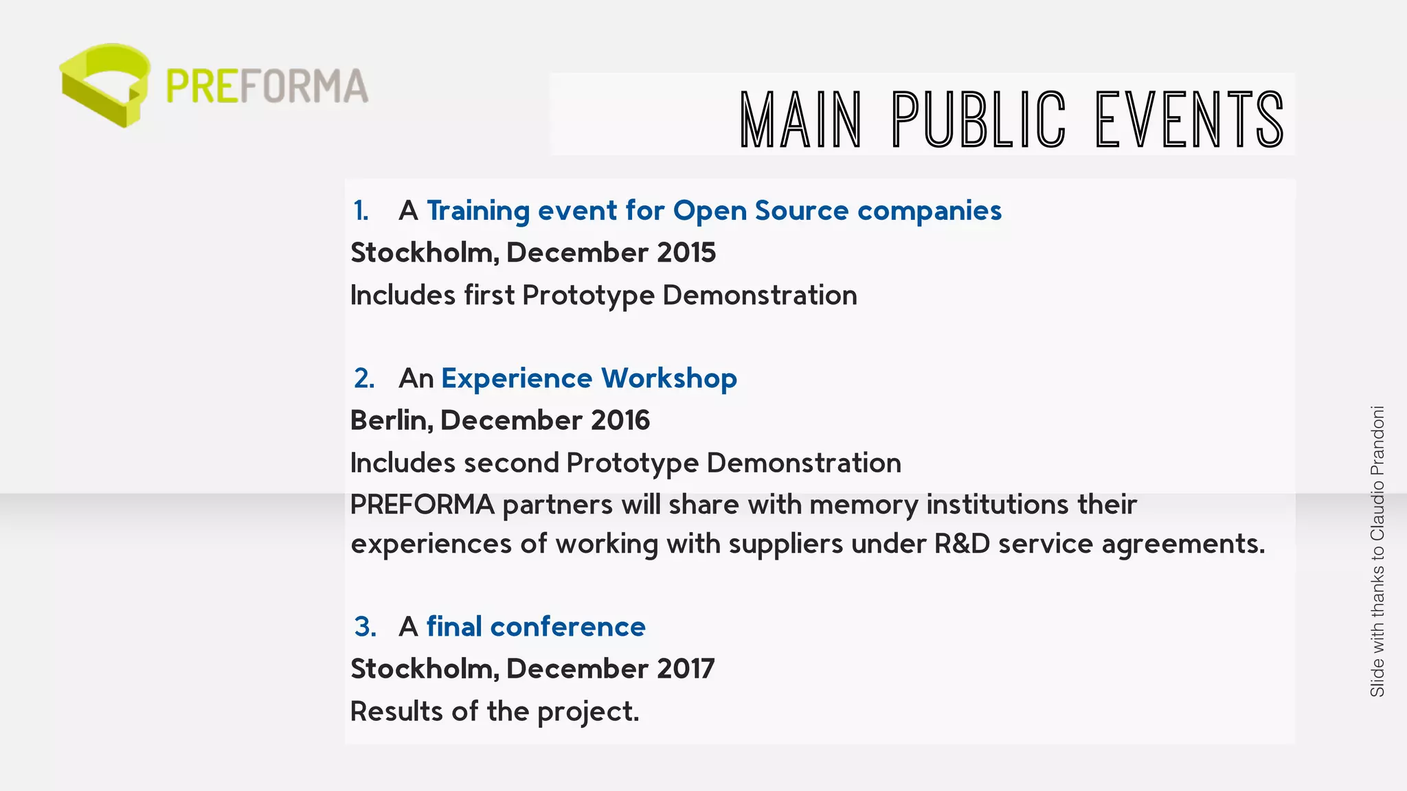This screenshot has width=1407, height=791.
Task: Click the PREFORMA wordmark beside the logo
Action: pyautogui.click(x=267, y=87)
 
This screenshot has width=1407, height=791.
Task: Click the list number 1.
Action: pyautogui.click(x=361, y=211)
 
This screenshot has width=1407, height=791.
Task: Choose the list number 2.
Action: pyautogui.click(x=364, y=378)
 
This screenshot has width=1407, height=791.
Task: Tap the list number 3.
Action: pyautogui.click(x=365, y=627)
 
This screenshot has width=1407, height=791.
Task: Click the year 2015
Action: pyautogui.click(x=686, y=253)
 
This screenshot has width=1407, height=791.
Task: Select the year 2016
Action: pyautogui.click(x=620, y=420)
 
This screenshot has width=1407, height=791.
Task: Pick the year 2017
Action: pyautogui.click(x=685, y=669)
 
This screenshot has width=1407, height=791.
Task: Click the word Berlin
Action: pyautogui.click(x=391, y=420)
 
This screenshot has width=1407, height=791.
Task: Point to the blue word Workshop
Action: pyautogui.click(x=668, y=378)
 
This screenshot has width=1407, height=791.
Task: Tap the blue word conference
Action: pyautogui.click(x=567, y=627)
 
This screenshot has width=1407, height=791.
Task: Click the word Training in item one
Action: pyautogui.click(x=477, y=211)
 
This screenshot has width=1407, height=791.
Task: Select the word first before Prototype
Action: pyautogui.click(x=488, y=295)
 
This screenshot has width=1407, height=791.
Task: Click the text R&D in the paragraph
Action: pyautogui.click(x=962, y=544)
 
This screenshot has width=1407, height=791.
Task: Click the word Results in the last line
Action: pyautogui.click(x=396, y=711)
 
